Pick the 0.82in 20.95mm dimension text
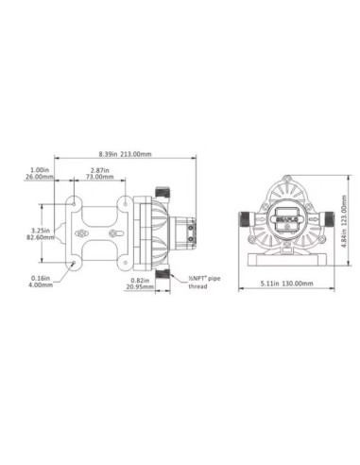click(139, 282)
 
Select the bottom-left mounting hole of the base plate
click(77, 263)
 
